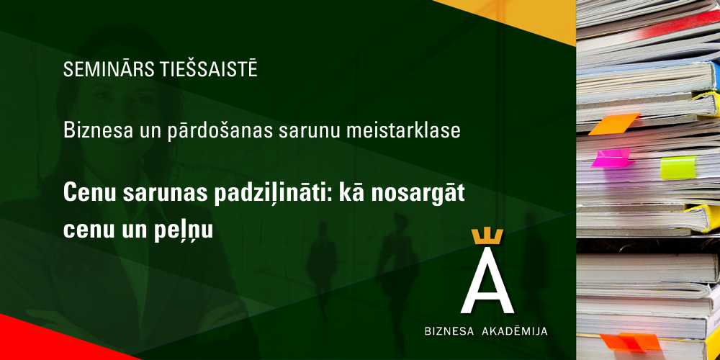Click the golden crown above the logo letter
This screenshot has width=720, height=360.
487,236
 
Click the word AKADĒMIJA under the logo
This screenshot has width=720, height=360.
514,330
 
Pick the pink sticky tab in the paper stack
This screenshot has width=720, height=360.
611,158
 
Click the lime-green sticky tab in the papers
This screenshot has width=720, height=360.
678,167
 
